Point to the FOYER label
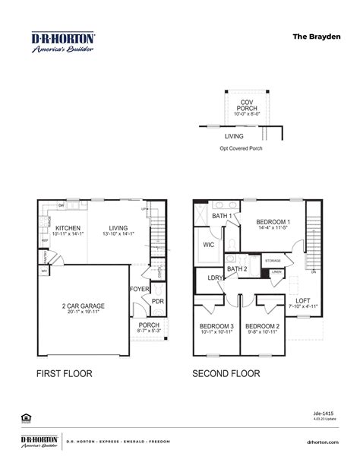139,289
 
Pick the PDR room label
158,300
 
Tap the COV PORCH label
248,102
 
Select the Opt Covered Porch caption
241,148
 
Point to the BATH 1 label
221,217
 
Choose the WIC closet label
209,245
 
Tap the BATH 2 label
237,268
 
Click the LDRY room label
215,278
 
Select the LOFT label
302,301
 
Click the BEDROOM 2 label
264,328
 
